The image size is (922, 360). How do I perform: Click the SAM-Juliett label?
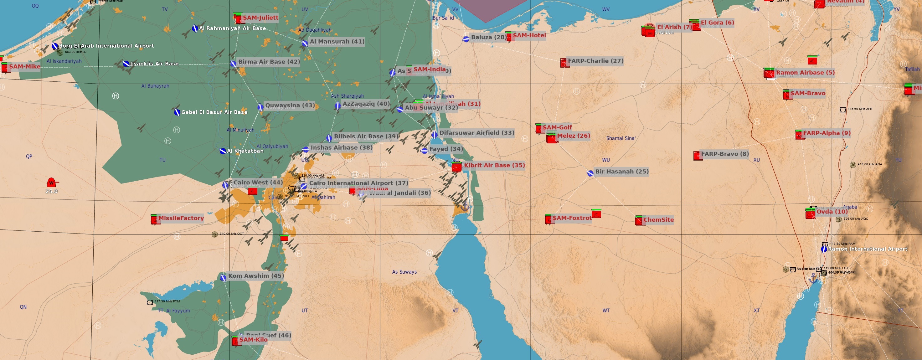click(x=260, y=18)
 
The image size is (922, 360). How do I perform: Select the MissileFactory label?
click(x=181, y=218)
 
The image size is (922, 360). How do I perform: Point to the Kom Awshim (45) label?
click(x=256, y=276)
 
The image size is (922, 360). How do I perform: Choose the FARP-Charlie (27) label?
click(x=595, y=61)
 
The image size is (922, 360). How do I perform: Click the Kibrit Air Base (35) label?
click(x=494, y=165)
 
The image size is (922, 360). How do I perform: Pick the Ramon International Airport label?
click(x=868, y=249)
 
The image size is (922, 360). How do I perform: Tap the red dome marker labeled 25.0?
click(x=51, y=183)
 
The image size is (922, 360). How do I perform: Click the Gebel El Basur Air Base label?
click(x=214, y=112)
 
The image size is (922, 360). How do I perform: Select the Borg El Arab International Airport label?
click(x=106, y=46)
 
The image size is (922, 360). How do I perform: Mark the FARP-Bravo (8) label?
click(x=725, y=154)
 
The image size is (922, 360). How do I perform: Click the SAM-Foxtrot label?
click(x=572, y=218)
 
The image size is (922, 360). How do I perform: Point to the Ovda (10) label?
click(x=832, y=212)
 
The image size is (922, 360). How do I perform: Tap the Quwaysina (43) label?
click(x=290, y=105)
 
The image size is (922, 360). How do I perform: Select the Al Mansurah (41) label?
click(x=337, y=42)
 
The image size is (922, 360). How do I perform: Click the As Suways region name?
click(x=404, y=272)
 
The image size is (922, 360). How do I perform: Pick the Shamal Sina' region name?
click(x=621, y=138)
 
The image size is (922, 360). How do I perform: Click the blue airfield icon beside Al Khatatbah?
click(x=223, y=151)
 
